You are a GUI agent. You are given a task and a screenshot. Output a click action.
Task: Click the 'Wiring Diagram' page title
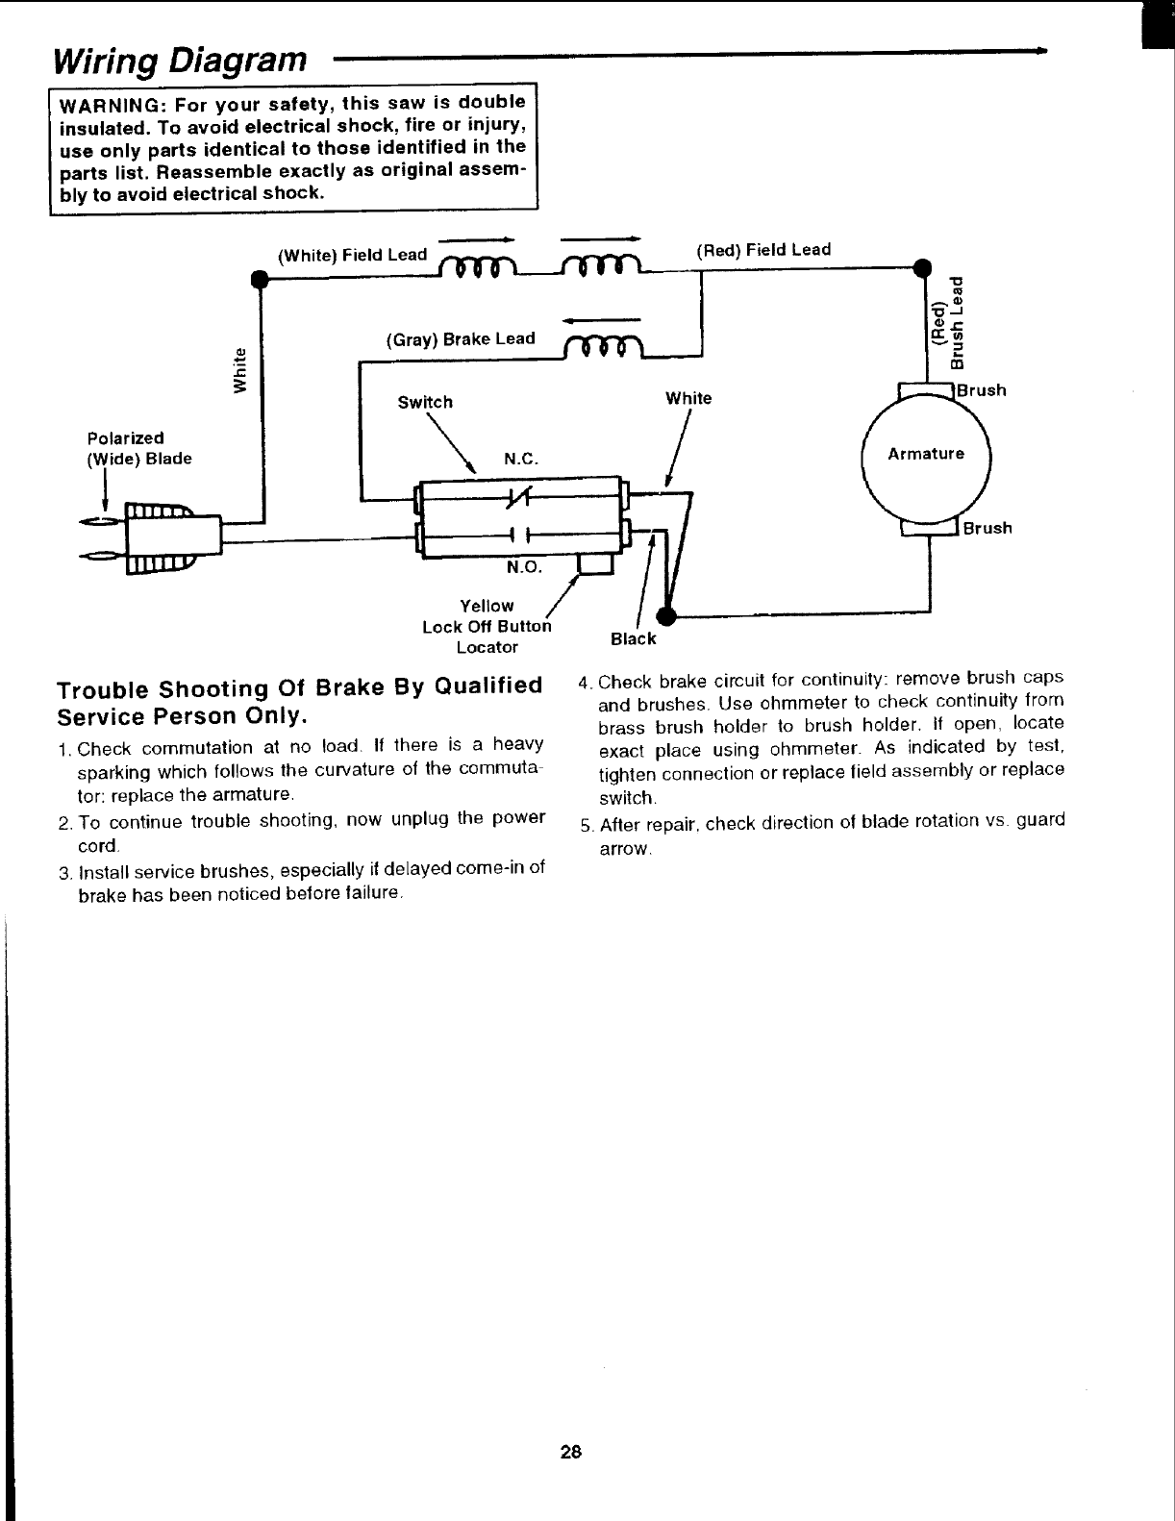(x=181, y=61)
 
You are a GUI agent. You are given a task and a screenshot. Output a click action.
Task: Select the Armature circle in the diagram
(x=926, y=455)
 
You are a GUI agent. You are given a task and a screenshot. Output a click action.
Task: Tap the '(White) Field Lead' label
(x=352, y=256)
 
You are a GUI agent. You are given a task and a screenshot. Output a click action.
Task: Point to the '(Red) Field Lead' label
(x=763, y=250)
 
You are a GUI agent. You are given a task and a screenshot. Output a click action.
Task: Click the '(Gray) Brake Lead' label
(x=461, y=339)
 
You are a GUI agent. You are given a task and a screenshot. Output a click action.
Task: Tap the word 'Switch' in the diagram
(x=425, y=403)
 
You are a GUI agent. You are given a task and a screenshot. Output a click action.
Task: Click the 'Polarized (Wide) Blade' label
(x=139, y=449)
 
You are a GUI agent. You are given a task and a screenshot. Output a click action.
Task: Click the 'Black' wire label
(x=633, y=639)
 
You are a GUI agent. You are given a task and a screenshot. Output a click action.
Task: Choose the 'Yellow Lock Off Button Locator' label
(x=487, y=626)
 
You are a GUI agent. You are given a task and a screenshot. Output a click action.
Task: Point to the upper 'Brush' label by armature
(x=982, y=390)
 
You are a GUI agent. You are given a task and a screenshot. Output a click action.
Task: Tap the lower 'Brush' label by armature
(x=987, y=528)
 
